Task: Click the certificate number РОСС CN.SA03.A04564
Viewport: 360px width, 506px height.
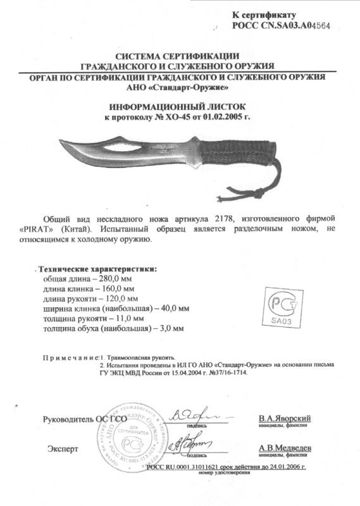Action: (281, 25)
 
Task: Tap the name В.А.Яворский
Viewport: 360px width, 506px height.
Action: (285, 419)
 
